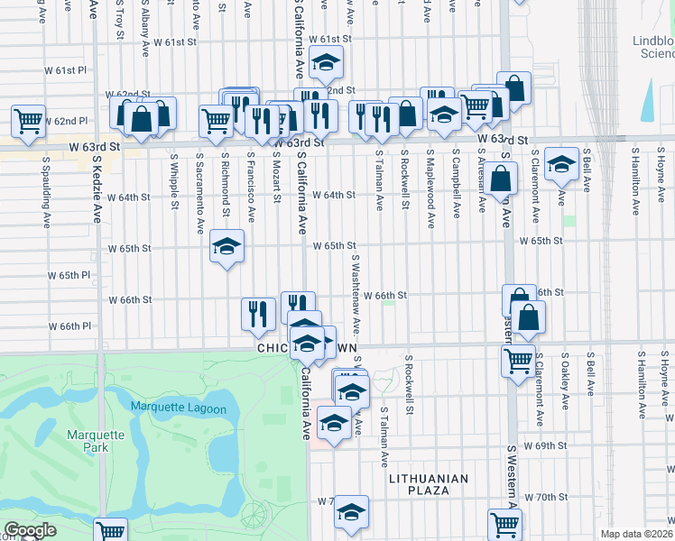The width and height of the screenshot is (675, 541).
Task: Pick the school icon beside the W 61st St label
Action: [326, 62]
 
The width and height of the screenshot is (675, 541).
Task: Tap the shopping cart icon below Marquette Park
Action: [110, 531]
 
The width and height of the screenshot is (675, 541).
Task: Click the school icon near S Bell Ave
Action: [561, 163]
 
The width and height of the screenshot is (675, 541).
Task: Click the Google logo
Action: [30, 530]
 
